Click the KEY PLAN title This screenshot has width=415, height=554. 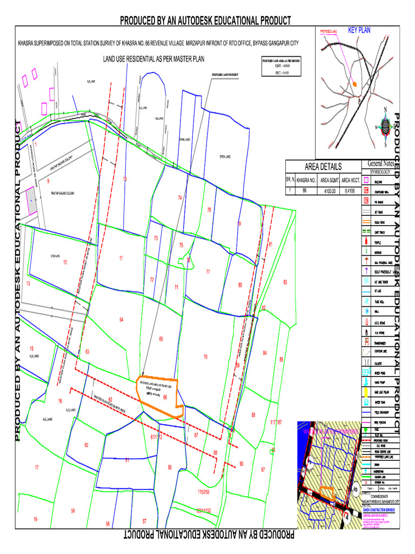tap(359, 30)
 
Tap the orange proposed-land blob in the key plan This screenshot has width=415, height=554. tap(354, 84)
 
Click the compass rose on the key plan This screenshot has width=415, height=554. tap(385, 127)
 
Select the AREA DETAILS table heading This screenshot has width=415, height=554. tap(323, 167)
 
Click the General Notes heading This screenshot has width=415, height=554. tap(381, 163)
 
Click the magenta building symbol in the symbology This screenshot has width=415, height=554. tap(366, 181)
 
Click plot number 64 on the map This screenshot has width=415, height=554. tap(122, 320)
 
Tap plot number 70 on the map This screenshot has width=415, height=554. tap(205, 357)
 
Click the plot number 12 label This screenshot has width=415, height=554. tap(65, 262)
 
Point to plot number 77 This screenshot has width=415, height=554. tap(207, 272)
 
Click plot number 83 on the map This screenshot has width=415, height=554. tap(285, 282)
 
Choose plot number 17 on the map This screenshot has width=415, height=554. tap(37, 467)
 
